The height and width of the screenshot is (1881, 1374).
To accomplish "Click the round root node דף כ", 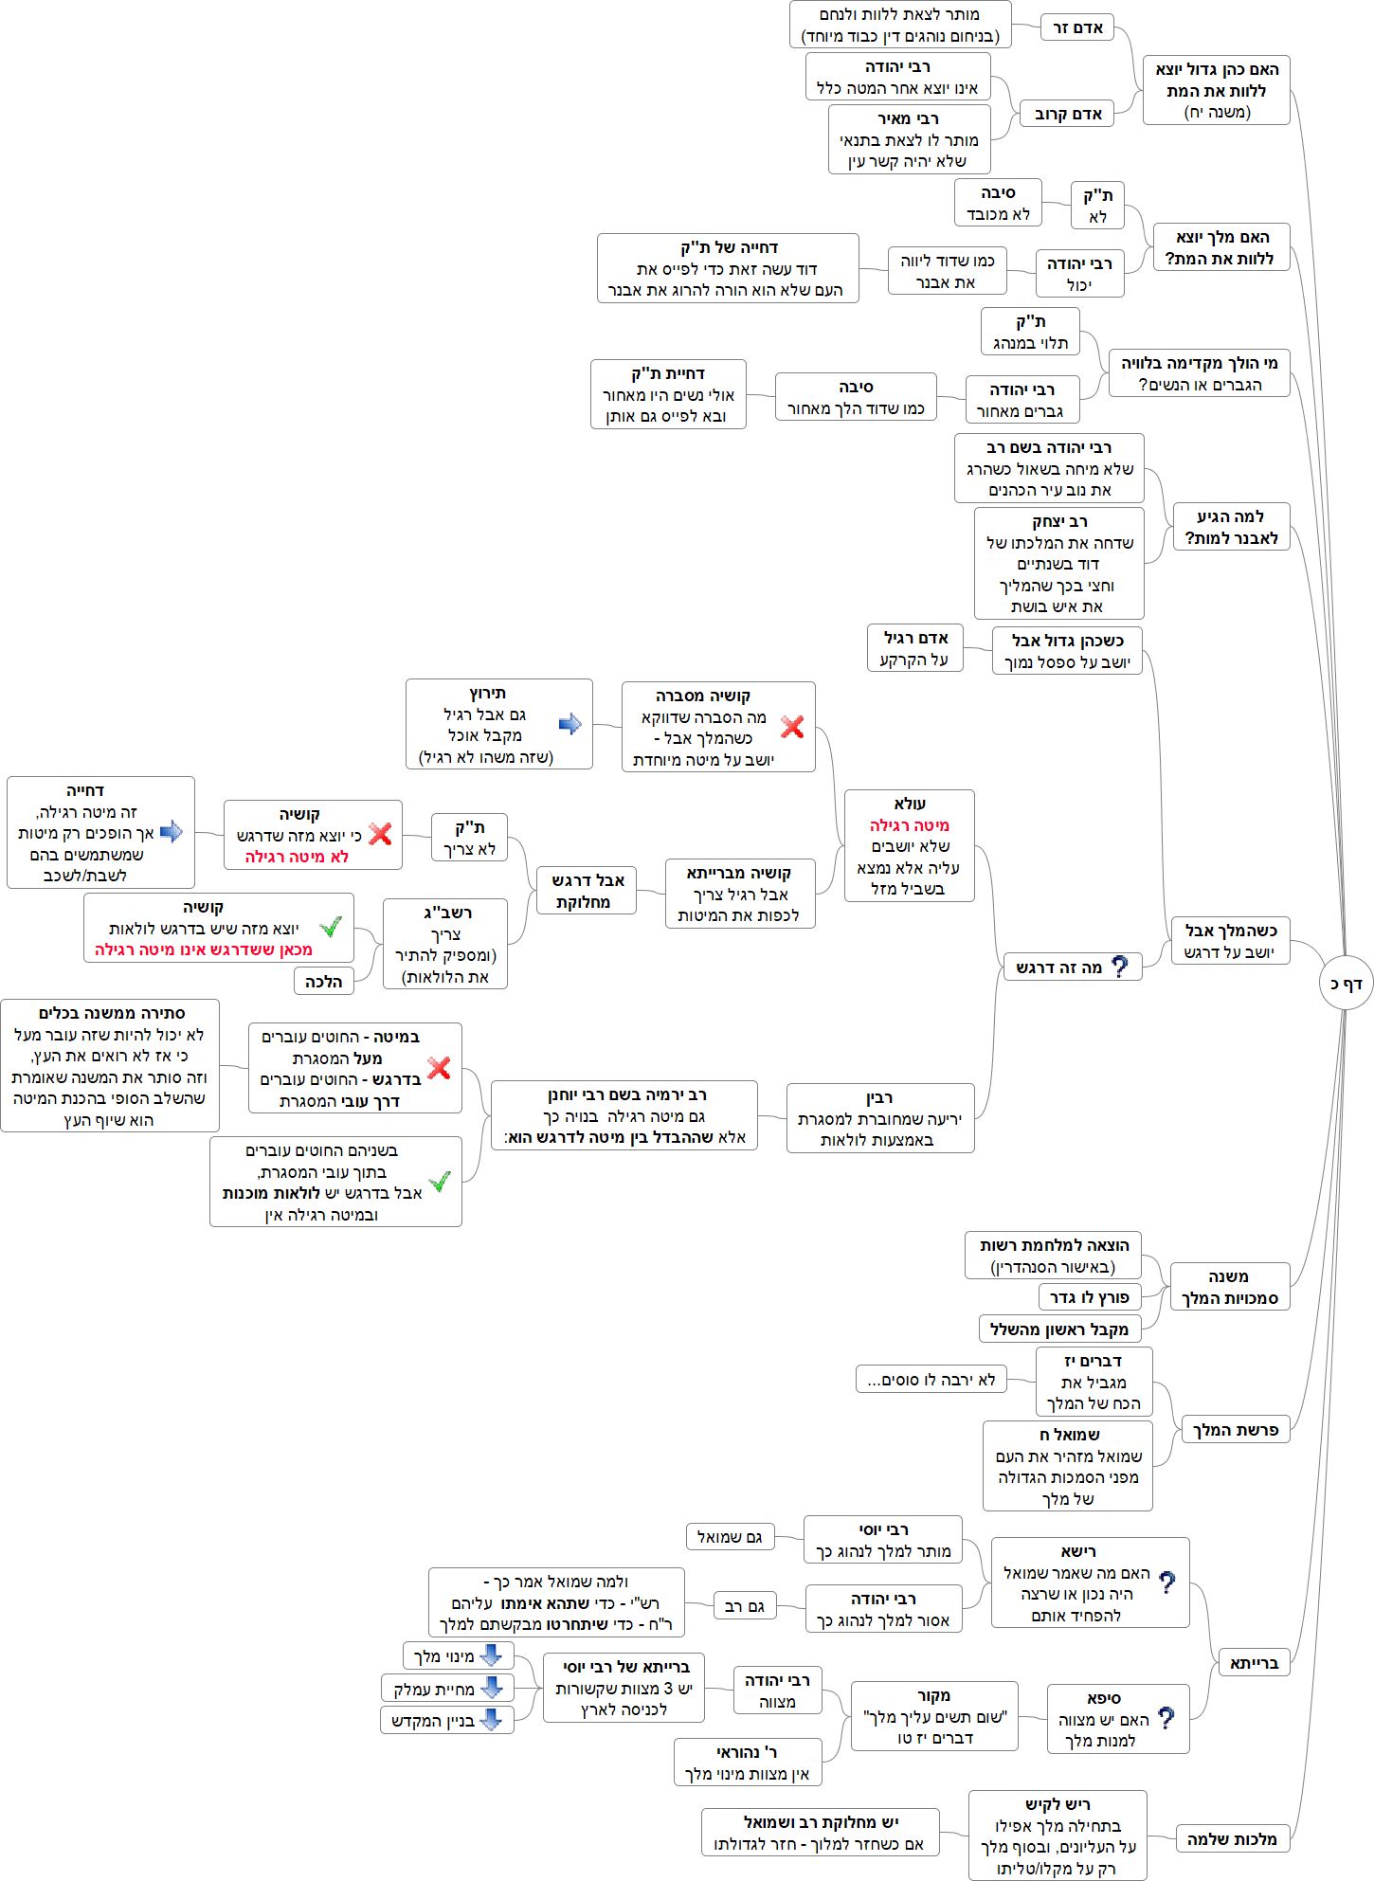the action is tap(1346, 984).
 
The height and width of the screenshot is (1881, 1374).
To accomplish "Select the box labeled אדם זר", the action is tap(1077, 27).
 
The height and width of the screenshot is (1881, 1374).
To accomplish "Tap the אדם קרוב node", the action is tap(1068, 115).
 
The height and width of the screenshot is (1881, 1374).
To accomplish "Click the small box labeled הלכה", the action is tap(324, 982).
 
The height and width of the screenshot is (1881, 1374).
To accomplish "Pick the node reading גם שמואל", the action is tap(730, 1536).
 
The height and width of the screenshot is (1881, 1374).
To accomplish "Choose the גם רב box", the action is tap(744, 1606).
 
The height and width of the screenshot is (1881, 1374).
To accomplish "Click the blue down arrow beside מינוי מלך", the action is tap(491, 1655).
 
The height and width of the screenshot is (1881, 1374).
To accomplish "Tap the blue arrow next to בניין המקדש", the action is tap(491, 1720).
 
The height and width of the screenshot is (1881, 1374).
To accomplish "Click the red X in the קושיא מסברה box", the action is tap(792, 727).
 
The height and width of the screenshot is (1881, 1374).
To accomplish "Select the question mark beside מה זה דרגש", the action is tap(1120, 967).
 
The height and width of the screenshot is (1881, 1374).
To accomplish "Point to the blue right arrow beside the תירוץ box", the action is tap(570, 724).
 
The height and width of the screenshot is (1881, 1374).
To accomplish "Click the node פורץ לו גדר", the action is tap(1090, 1297).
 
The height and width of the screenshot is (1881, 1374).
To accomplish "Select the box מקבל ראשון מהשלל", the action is tap(1058, 1329).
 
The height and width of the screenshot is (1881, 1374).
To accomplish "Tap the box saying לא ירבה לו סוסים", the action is tap(931, 1380).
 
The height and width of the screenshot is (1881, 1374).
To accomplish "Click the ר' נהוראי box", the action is tap(747, 1763).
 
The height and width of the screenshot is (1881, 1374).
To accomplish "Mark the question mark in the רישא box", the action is tap(1167, 1582).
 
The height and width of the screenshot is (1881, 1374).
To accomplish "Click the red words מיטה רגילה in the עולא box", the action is tap(910, 825).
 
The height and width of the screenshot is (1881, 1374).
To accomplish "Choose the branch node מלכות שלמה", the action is tap(1232, 1839).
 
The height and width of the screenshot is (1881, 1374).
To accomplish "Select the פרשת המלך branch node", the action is tap(1235, 1430).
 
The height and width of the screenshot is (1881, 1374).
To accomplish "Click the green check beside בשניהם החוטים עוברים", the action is tap(440, 1182).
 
